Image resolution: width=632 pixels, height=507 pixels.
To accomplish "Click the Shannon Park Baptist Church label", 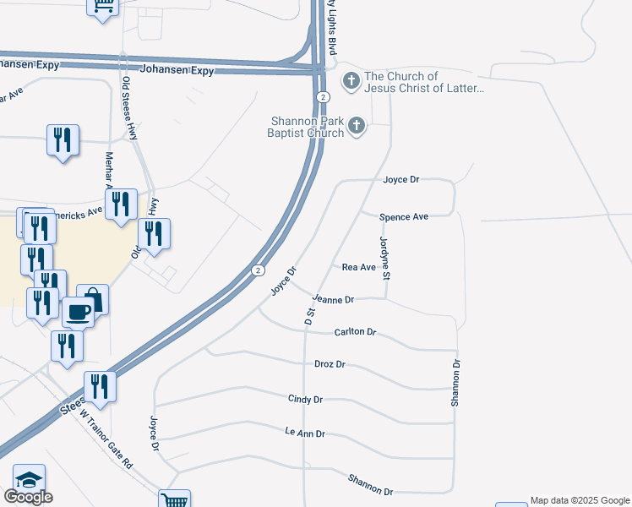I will point(306,127).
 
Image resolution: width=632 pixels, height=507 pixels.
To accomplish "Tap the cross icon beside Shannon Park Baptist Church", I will point(357,127).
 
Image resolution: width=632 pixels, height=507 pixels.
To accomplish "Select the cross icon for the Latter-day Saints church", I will point(351,82).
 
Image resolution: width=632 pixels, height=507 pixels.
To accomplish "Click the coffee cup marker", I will point(79,312).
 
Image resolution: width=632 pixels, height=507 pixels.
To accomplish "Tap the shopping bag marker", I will point(94,298).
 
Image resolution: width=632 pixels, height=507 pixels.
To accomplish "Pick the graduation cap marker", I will point(29,479).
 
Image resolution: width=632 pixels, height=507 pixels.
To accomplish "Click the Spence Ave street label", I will point(404,217).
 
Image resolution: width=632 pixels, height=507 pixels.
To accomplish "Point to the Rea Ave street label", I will point(358,267).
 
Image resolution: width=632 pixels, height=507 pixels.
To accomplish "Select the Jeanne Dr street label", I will point(333,299).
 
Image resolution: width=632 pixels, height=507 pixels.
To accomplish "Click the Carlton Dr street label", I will point(355,332).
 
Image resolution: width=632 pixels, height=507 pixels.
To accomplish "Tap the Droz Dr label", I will point(330,364).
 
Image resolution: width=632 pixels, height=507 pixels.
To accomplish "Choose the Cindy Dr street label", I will point(305,399).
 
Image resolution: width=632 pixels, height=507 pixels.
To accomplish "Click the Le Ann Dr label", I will point(305,433).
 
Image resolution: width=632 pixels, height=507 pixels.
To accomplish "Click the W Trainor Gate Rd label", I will point(106,439).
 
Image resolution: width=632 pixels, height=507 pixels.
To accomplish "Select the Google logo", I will point(28,497).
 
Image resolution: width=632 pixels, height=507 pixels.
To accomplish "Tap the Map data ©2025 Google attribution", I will point(580,500).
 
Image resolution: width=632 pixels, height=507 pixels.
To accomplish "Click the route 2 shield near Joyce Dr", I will point(258,270).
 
